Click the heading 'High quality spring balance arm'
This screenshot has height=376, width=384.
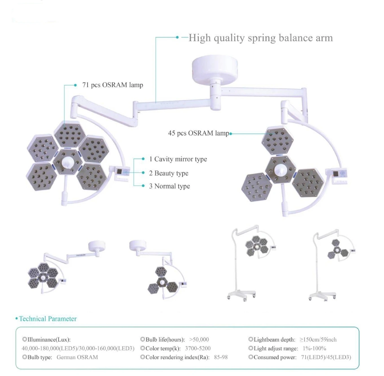pos(260,38)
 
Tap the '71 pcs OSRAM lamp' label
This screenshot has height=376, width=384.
pos(113,85)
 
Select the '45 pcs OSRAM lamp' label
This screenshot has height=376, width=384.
pos(198,133)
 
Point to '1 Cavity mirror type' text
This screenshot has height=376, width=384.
pos(178,159)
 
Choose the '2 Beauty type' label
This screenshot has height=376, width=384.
pos(169,173)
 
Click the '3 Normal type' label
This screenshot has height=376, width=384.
pos(170,186)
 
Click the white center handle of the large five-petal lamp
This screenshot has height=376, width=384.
pos(67,163)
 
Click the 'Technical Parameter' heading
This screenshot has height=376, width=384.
pos(48,319)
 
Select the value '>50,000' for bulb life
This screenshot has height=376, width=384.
pos(199,340)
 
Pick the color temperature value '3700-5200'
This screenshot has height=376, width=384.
pos(198,348)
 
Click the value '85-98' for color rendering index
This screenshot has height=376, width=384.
pos(221,357)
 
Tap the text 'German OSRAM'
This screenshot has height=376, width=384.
pos(77,357)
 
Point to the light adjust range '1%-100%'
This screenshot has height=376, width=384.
pos(314,348)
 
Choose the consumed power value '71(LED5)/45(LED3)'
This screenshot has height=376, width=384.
pos(326,357)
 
